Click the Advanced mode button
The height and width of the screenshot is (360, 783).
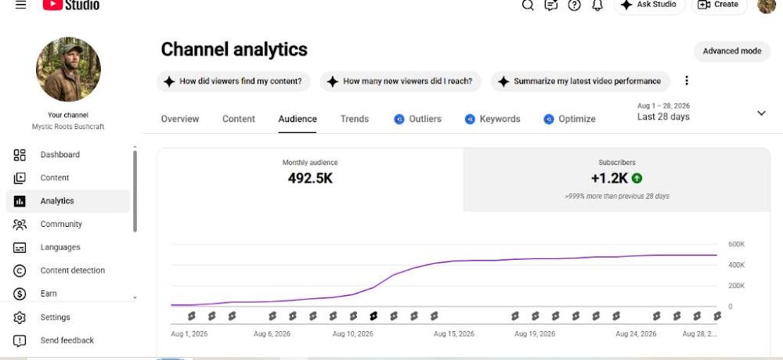pyautogui.click(x=731, y=51)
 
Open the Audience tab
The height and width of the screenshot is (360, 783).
pyautogui.click(x=298, y=119)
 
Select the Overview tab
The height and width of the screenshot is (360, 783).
pyautogui.click(x=180, y=119)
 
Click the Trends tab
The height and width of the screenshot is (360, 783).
pyautogui.click(x=355, y=119)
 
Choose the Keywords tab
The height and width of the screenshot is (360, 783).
pyautogui.click(x=493, y=119)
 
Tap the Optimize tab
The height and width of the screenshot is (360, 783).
pyautogui.click(x=569, y=119)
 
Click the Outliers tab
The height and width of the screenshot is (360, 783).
pyautogui.click(x=417, y=119)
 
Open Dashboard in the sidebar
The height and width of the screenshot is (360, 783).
pyautogui.click(x=60, y=155)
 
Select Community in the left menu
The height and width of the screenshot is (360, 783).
pyautogui.click(x=61, y=224)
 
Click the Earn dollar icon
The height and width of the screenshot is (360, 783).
pyautogui.click(x=20, y=293)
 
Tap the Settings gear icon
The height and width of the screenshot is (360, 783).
pyautogui.click(x=20, y=317)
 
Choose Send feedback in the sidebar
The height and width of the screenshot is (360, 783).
pyautogui.click(x=67, y=340)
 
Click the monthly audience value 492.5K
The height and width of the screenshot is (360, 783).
pyautogui.click(x=310, y=178)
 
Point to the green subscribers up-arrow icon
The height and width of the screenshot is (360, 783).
pyautogui.click(x=637, y=178)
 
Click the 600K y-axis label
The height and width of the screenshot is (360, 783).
pyautogui.click(x=737, y=244)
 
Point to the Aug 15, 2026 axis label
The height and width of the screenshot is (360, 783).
pyautogui.click(x=454, y=333)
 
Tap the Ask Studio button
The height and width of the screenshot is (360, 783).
pyautogui.click(x=649, y=5)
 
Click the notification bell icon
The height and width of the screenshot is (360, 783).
pyautogui.click(x=597, y=5)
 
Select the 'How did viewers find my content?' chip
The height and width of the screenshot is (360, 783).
pyautogui.click(x=233, y=81)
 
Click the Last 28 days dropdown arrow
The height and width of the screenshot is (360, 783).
pyautogui.click(x=761, y=113)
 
